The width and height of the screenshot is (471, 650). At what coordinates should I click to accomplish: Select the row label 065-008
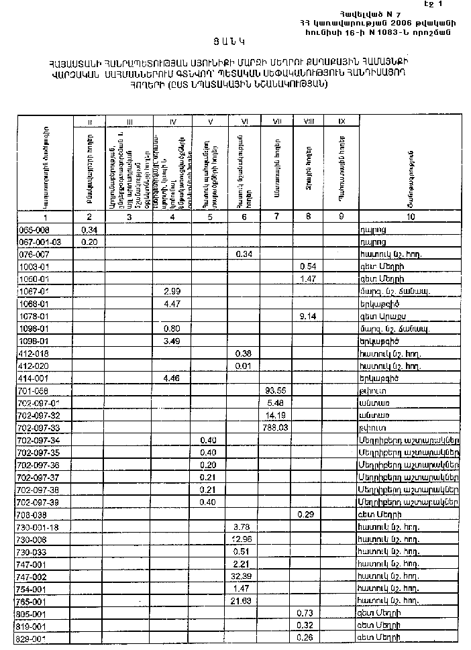pyautogui.click(x=32, y=229)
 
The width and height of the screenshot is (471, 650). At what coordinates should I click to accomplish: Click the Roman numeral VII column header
pyautogui.click(x=276, y=121)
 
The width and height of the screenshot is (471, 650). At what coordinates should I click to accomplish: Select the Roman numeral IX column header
pyautogui.click(x=342, y=121)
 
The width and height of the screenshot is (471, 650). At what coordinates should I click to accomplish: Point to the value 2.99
pyautogui.click(x=172, y=291)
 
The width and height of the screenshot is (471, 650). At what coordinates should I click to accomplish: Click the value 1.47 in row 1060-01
pyautogui.click(x=308, y=278)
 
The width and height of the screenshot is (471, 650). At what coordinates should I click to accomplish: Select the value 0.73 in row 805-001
pyautogui.click(x=308, y=613)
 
